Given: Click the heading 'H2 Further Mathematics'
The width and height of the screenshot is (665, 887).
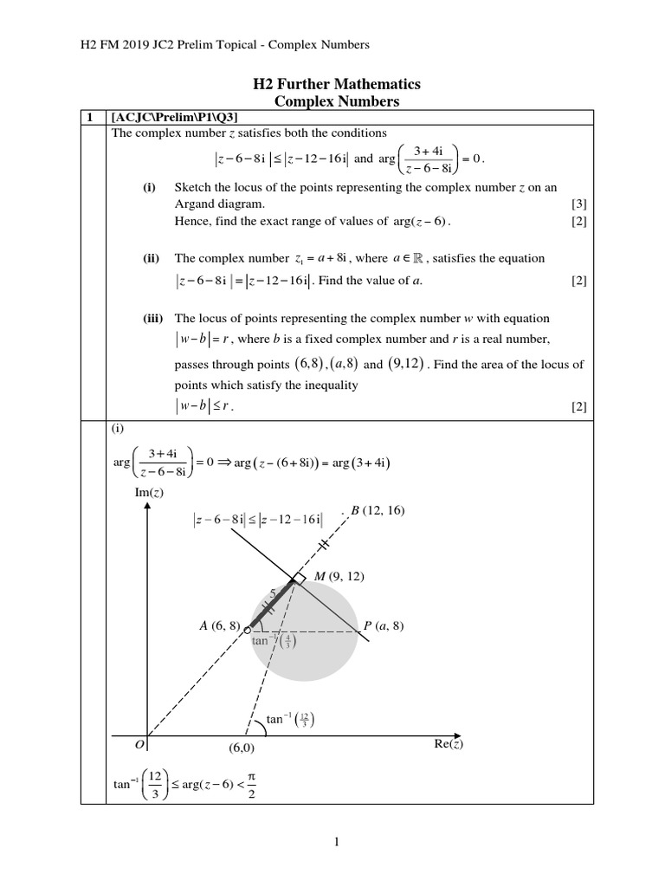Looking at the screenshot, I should click(336, 84).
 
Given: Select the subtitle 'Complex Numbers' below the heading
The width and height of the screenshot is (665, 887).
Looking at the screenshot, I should click(336, 101).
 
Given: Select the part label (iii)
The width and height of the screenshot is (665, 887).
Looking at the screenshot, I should click(154, 319).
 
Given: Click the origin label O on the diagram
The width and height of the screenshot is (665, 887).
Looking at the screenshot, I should click(138, 744).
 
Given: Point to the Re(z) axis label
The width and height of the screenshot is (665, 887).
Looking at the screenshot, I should click(449, 744).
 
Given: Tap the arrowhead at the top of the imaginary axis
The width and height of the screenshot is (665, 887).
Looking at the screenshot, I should click(147, 508).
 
